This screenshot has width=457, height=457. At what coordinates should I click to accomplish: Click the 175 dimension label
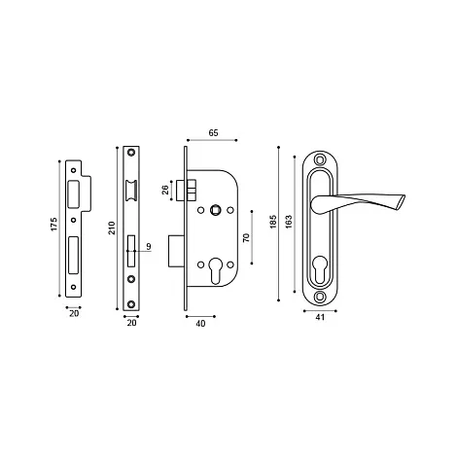tap(53, 224)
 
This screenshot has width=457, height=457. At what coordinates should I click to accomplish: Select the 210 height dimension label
tap(112, 228)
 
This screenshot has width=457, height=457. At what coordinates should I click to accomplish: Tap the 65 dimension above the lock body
tap(213, 133)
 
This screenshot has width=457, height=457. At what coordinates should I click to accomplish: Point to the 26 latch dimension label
tap(165, 190)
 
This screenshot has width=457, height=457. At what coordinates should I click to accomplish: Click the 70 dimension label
tap(246, 237)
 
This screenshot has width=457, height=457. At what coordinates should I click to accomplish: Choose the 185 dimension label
tap(272, 222)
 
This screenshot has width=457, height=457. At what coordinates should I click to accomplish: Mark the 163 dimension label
tap(289, 222)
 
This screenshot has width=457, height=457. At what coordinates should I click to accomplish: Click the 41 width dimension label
tap(320, 317)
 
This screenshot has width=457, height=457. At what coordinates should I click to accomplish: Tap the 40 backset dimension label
tap(200, 323)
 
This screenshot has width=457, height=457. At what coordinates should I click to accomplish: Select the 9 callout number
tap(149, 247)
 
